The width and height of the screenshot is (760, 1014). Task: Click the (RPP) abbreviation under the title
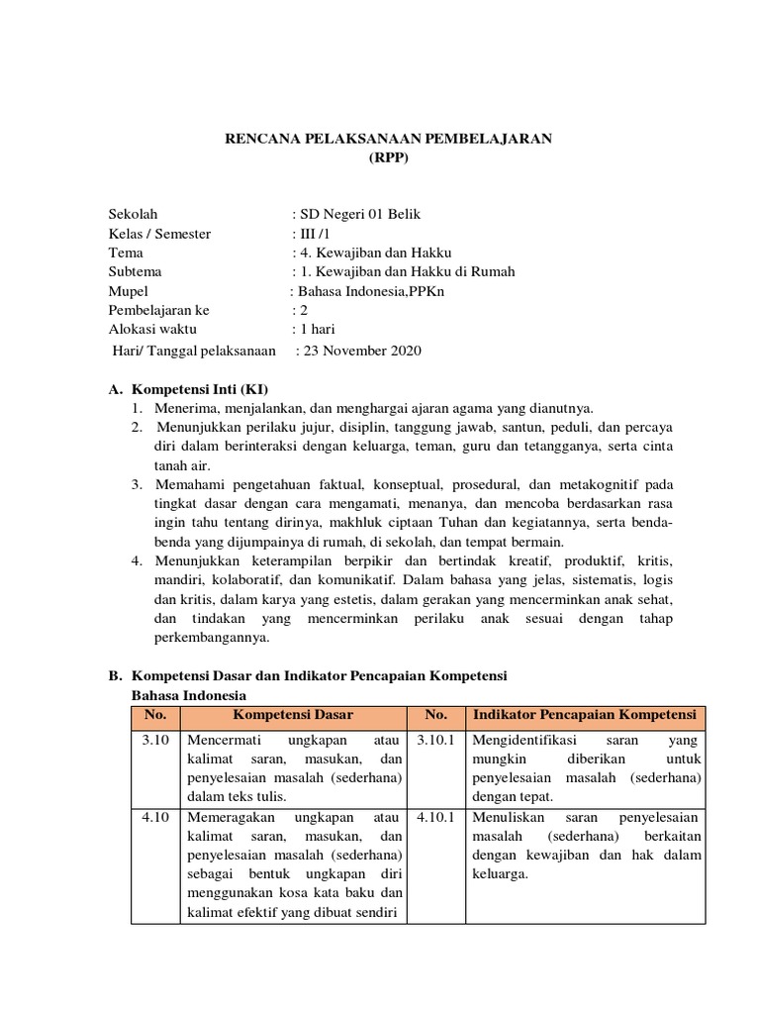387,156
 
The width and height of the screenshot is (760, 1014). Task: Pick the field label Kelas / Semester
159,234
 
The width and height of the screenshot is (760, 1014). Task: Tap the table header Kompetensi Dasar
293,715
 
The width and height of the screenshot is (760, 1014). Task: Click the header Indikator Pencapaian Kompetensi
585,715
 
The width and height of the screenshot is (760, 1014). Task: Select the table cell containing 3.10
154,740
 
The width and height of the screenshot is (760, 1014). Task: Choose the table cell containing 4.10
154,818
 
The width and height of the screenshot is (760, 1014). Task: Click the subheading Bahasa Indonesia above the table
189,695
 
